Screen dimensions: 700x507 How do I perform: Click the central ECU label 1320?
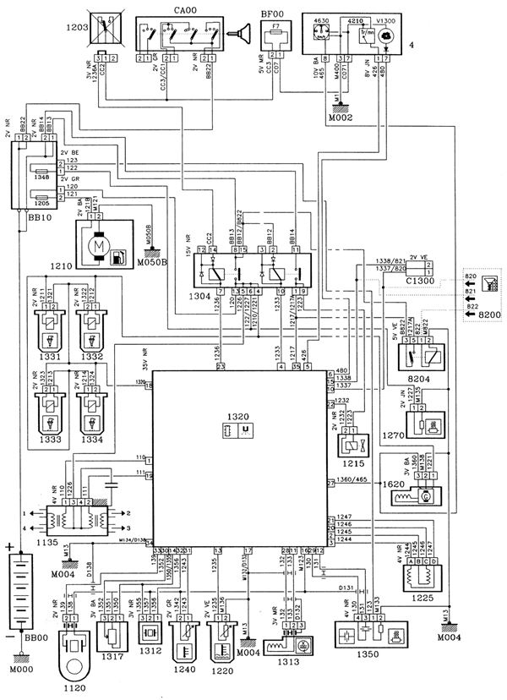coord(240,418)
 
